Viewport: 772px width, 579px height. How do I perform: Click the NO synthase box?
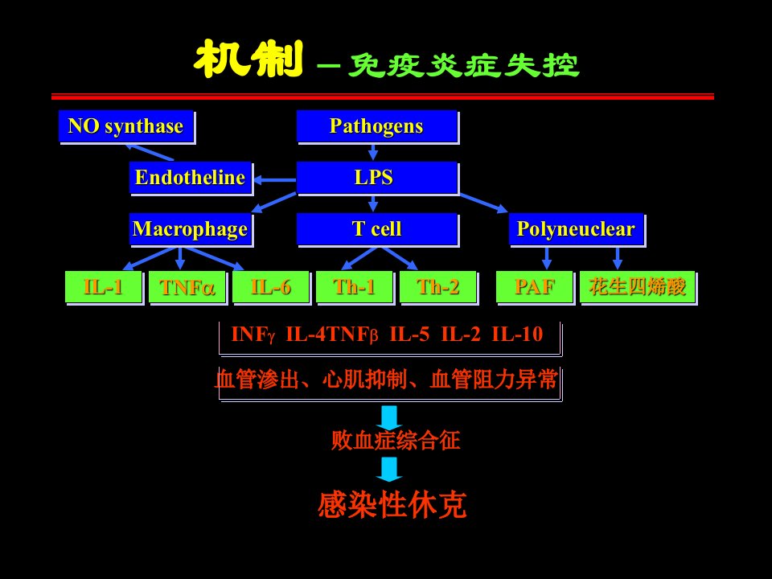point(126,127)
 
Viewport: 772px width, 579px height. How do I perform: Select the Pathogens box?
point(378,127)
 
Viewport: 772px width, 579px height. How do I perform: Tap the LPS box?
point(378,179)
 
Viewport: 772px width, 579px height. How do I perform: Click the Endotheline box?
point(191,179)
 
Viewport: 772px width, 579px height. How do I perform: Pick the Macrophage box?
point(191,230)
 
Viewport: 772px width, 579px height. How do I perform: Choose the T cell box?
point(378,230)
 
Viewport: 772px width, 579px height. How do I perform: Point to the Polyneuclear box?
point(577,230)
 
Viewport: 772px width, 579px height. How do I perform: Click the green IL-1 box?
point(105,288)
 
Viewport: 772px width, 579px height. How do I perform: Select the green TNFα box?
point(188,288)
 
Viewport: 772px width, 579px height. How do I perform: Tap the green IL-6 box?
point(272,288)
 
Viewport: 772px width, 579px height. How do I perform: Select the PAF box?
point(536,288)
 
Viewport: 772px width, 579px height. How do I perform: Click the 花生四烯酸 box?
point(639,288)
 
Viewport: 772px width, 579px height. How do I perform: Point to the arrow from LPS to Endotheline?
point(275,179)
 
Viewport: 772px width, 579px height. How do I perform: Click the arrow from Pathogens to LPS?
point(373,152)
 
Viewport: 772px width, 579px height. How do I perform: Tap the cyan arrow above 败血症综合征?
point(389,417)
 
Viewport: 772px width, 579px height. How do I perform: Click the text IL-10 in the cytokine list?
point(517,335)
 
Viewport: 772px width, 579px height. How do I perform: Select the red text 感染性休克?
point(392,505)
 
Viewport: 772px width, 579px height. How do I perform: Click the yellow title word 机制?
point(248,59)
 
